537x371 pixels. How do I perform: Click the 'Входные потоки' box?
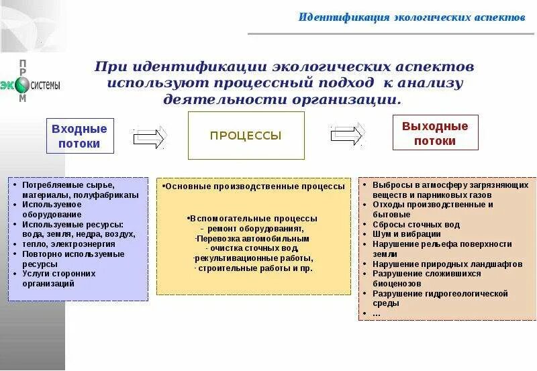click(80, 136)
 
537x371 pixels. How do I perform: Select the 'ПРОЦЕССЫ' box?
click(246, 136)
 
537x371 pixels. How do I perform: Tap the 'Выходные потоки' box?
click(435, 133)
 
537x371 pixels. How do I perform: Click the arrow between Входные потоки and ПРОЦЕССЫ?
click(149, 138)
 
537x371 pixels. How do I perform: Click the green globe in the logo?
click(23, 85)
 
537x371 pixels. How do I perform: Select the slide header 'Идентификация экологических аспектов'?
click(411, 16)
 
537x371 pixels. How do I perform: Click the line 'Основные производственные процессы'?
click(255, 186)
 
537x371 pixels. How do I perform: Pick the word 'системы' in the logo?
click(46, 85)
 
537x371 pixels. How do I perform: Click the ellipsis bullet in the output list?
click(376, 313)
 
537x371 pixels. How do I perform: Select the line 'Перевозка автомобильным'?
click(252, 238)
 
